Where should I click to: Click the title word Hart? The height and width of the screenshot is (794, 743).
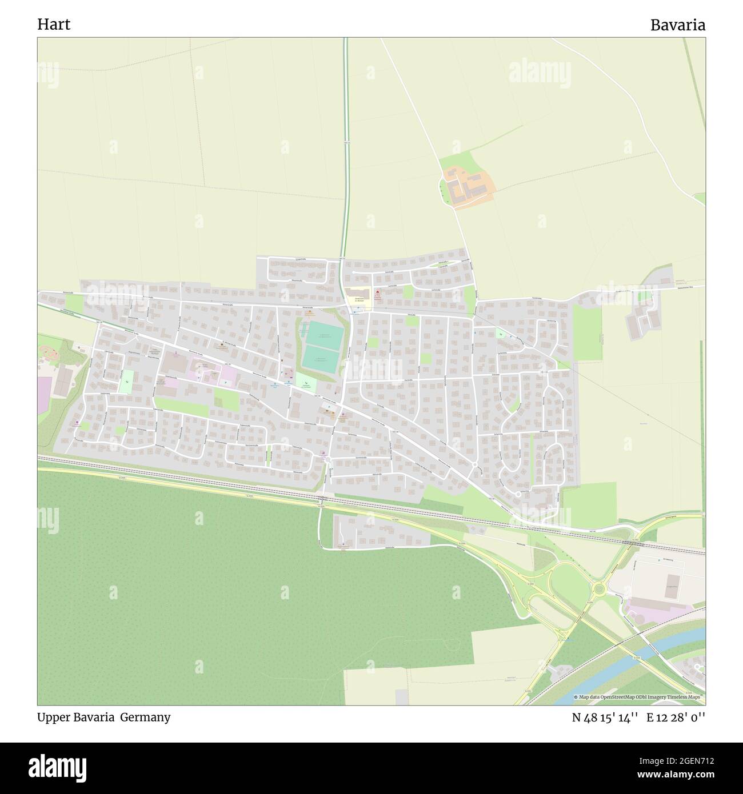point(54,25)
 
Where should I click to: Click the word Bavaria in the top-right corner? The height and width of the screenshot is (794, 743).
point(677,25)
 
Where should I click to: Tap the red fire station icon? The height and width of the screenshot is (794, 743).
point(377,292)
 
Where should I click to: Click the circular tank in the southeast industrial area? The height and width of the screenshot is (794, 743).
point(640,616)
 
